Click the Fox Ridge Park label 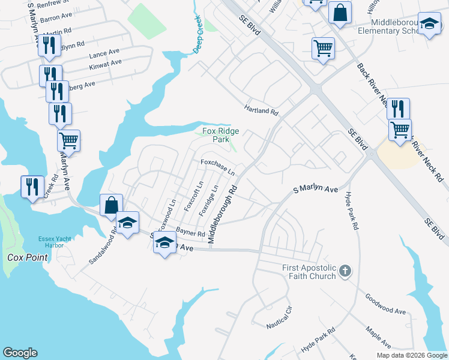point(220,135)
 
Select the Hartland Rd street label point(261,111)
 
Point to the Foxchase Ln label point(217,166)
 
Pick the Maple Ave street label point(378,338)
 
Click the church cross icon point(345,271)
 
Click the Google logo point(20,353)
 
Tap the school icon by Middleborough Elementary point(429,24)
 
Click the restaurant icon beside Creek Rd point(32,186)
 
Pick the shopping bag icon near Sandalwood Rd point(111,205)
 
